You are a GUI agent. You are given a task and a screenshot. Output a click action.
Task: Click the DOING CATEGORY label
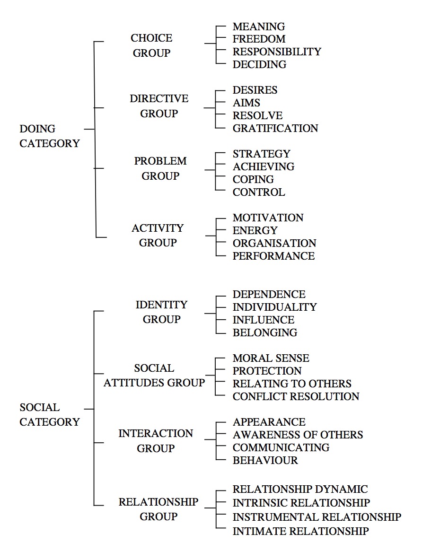tap(50, 136)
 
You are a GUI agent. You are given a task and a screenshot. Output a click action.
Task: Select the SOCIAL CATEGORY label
tap(50, 415)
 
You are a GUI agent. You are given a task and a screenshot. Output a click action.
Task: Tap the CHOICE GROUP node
tap(151, 45)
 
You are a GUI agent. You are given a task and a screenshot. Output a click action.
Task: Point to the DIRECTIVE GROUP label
tap(159, 106)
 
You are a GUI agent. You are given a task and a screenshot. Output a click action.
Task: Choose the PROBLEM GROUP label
tap(160, 168)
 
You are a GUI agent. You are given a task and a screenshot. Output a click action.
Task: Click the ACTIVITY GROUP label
tap(158, 236)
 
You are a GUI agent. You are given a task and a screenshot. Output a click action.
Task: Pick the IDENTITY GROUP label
tap(161, 312)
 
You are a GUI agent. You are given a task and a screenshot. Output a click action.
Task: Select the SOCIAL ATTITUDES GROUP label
tap(154, 376)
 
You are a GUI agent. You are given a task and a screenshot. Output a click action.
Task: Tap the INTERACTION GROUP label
tap(156, 441)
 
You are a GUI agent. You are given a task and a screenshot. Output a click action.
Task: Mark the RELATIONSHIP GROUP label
tap(158, 509)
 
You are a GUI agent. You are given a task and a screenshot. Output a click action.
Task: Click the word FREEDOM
tap(259, 39)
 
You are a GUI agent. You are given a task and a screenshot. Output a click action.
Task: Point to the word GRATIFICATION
tap(275, 128)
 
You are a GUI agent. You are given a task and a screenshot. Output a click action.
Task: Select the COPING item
tap(253, 179)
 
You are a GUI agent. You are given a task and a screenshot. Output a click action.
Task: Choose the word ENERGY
tap(255, 230)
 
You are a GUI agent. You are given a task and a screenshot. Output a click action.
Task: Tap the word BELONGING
tap(265, 332)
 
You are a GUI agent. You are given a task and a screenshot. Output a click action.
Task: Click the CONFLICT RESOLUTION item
tap(296, 396)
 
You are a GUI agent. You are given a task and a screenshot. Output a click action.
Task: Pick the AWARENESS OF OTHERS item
tap(298, 435)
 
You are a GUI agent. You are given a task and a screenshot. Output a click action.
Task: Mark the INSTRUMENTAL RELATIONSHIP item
tap(317, 517)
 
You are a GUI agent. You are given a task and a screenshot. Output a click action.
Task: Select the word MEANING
tap(259, 27)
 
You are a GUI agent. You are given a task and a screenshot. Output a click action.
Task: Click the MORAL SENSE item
tap(271, 358)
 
